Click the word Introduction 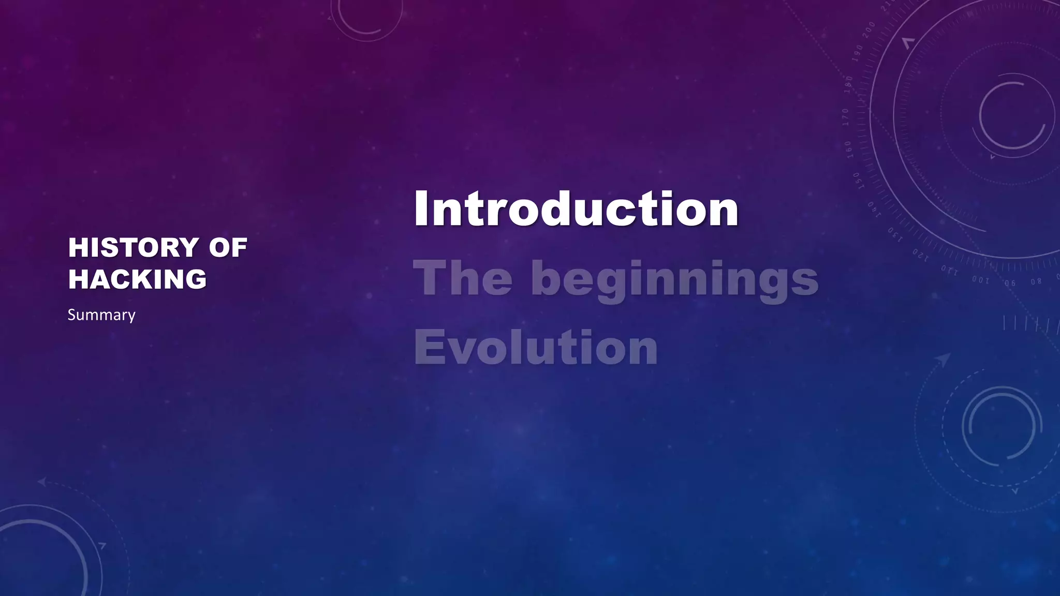click(x=576, y=209)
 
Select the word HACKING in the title click(x=137, y=279)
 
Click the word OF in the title click(x=228, y=248)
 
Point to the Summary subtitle click(x=101, y=315)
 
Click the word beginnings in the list click(x=674, y=279)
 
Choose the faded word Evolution click(x=536, y=348)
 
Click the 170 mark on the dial click(x=845, y=117)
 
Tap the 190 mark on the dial click(x=859, y=53)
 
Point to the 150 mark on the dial click(x=856, y=181)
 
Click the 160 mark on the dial click(x=848, y=149)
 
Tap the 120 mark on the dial click(x=920, y=255)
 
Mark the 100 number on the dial click(x=980, y=280)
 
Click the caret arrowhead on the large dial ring click(x=907, y=43)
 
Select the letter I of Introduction click(x=422, y=209)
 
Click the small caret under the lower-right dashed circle click(x=1014, y=490)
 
